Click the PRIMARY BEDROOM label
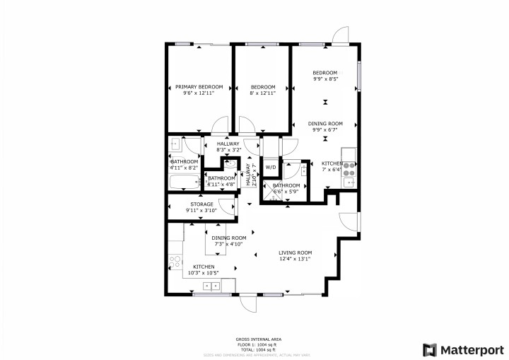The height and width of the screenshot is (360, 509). (199, 87)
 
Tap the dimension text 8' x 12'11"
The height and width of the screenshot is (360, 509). (262, 93)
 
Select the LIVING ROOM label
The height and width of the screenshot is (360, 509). (295, 252)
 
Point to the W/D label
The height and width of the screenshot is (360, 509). (271, 168)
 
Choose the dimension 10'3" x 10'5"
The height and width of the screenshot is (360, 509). (203, 273)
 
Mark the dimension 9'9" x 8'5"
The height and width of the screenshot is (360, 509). (325, 79)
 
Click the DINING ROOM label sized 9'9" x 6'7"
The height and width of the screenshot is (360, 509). (325, 123)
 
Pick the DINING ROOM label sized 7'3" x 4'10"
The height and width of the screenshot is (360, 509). (230, 238)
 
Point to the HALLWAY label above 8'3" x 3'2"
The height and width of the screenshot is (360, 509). (228, 144)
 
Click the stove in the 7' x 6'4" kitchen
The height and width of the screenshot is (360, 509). (348, 168)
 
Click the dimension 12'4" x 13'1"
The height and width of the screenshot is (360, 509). (295, 259)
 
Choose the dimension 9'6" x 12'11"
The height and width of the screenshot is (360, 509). (199, 93)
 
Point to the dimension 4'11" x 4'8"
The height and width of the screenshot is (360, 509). (221, 184)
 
